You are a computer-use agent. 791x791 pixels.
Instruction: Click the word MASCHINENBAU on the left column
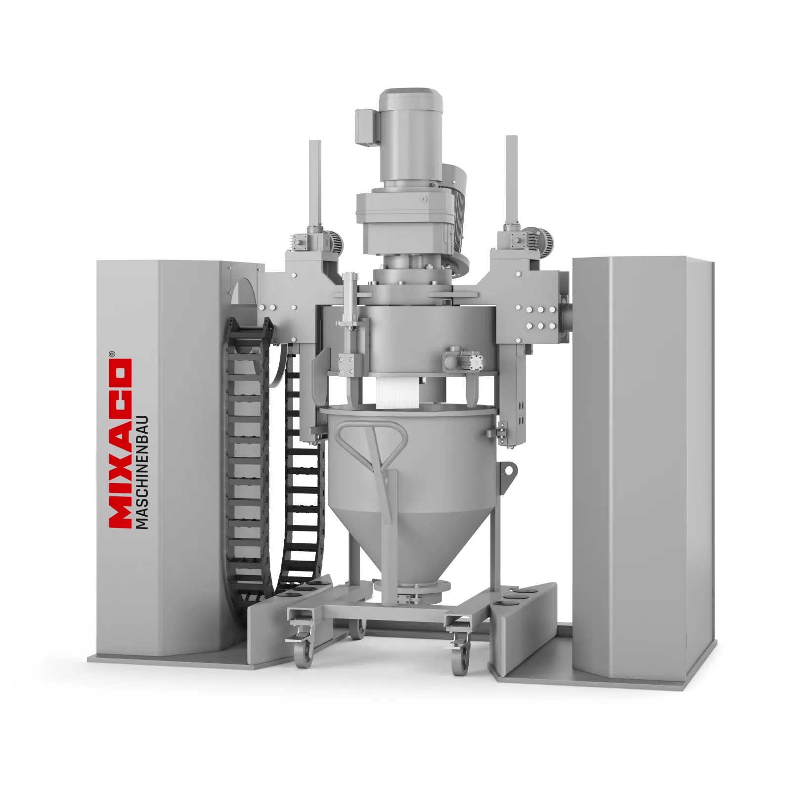[x=143, y=472]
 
